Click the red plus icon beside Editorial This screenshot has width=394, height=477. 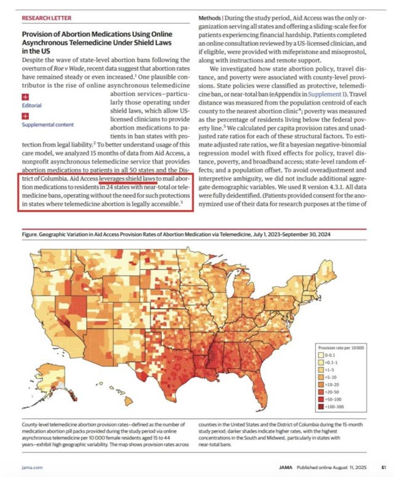pyautogui.click(x=25, y=97)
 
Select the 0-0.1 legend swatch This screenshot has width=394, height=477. pyautogui.click(x=321, y=355)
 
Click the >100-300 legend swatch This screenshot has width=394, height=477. pyautogui.click(x=321, y=406)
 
